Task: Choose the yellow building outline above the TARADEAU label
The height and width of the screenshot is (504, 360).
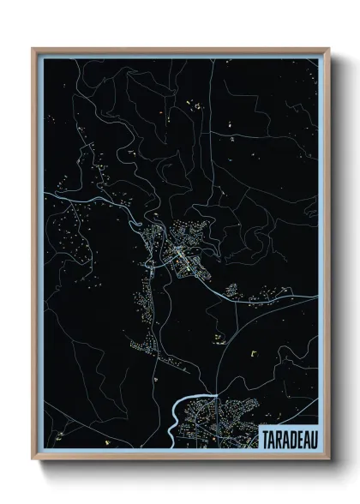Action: point(253,351)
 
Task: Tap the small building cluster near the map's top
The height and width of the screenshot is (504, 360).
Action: point(190,106)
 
